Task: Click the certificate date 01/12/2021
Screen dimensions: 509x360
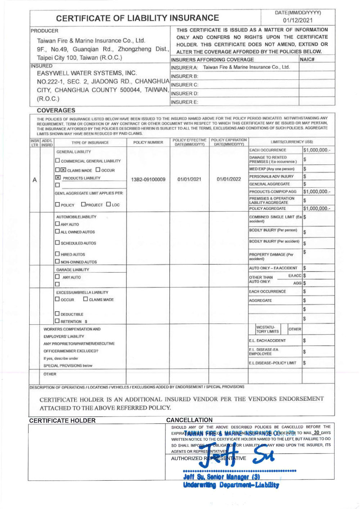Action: [x=298, y=21]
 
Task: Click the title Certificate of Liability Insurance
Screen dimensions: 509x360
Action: [x=137, y=18]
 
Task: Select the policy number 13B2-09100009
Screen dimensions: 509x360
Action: [x=148, y=179]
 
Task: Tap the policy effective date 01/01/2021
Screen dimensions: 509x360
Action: [x=189, y=179]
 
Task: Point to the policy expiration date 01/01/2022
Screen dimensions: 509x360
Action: [x=229, y=179]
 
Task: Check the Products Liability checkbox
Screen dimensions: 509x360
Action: [x=58, y=178]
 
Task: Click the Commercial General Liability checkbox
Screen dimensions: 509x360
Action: [x=58, y=160]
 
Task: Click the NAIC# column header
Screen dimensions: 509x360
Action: [x=307, y=59]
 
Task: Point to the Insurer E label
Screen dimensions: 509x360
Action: [x=184, y=102]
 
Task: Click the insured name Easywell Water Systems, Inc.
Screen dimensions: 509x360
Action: [x=87, y=73]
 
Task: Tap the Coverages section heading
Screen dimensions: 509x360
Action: [x=56, y=110]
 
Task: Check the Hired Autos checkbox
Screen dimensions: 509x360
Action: [x=57, y=254]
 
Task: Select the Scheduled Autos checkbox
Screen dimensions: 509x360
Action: [x=57, y=243]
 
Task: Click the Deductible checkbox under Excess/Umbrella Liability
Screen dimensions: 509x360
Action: [x=57, y=314]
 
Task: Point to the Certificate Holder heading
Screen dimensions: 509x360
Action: [x=62, y=421]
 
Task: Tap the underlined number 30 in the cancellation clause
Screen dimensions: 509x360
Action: [x=316, y=433]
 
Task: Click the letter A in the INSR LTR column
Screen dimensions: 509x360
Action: [x=35, y=180]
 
